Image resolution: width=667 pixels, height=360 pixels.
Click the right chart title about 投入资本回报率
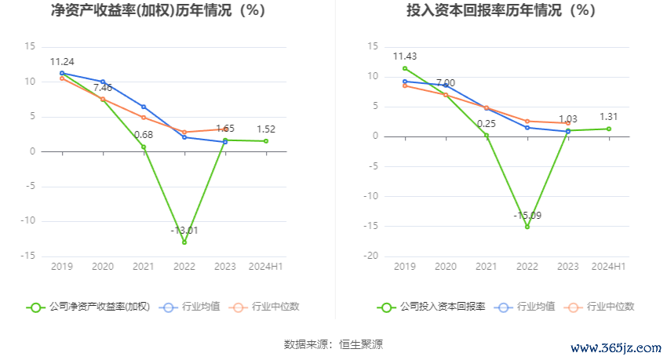coord(490,11)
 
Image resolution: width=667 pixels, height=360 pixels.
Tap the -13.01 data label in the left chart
coord(184,230)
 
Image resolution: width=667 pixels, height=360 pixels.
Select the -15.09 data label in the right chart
coord(527,215)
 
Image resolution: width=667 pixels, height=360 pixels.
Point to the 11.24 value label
coord(62,62)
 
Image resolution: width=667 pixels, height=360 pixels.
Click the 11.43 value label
coord(405,56)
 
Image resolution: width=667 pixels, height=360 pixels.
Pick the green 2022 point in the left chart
coord(184,242)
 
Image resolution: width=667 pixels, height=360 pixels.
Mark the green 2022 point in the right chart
coord(527,227)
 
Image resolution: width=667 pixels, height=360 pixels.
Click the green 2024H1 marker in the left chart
coord(266,141)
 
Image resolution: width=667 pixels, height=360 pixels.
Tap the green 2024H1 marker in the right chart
coord(609,129)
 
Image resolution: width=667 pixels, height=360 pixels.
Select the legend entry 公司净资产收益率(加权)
coord(89,307)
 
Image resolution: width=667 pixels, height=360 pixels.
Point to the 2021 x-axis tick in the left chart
coord(144,267)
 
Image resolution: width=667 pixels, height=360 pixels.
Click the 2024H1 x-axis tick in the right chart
coord(608,267)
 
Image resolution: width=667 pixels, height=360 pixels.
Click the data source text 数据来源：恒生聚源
coord(333,344)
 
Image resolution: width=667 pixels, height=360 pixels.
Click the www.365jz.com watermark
coord(615,348)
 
